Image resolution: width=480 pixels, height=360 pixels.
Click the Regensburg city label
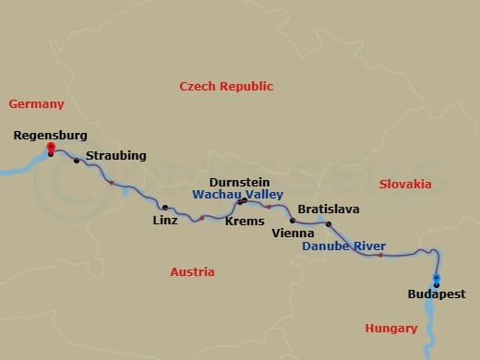click(51, 135)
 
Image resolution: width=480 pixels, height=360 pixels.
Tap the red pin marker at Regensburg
click(51, 148)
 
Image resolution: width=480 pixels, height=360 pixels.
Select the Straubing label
click(115, 156)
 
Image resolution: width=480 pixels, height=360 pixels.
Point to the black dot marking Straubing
click(77, 161)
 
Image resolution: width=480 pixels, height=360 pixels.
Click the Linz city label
click(165, 221)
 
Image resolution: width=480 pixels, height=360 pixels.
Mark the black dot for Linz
click(165, 208)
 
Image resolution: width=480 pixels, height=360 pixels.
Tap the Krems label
click(245, 221)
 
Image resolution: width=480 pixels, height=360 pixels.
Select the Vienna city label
click(294, 234)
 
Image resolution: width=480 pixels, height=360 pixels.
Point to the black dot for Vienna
click(293, 221)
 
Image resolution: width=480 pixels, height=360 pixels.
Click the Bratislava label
click(328, 210)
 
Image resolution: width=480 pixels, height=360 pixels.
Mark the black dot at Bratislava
click(329, 223)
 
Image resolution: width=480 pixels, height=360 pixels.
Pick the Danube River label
click(344, 246)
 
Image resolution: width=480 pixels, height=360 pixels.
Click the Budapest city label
click(437, 294)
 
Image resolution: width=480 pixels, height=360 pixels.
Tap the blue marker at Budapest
click(437, 281)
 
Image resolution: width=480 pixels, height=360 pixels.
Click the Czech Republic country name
click(226, 87)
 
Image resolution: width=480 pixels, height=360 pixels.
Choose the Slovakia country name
click(405, 184)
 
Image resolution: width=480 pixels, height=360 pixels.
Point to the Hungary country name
click(391, 328)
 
